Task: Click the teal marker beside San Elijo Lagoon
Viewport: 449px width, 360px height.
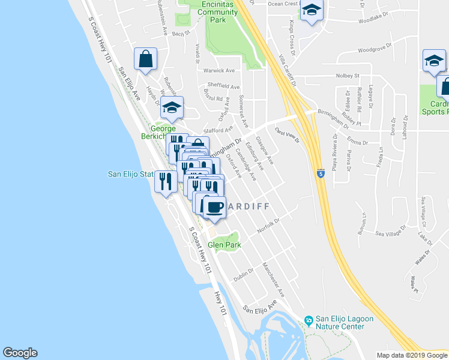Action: point(309,320)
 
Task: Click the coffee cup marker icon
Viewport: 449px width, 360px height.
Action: point(214,208)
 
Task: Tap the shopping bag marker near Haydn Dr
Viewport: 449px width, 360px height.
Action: point(145,59)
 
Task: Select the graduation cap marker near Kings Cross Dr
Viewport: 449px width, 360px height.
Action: point(312,11)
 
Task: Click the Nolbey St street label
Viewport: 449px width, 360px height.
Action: point(347,76)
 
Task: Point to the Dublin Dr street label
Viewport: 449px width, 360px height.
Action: point(244,269)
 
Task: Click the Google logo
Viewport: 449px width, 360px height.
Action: point(20,353)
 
